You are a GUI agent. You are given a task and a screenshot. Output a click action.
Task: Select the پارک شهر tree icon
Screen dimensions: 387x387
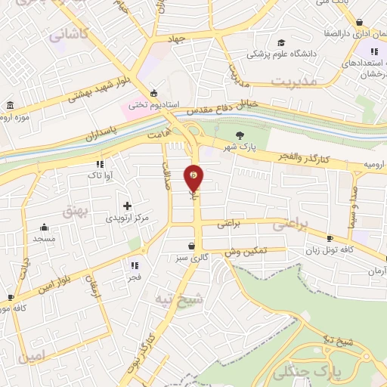240,135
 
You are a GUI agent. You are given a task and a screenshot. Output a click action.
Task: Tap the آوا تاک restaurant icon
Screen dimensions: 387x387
99,164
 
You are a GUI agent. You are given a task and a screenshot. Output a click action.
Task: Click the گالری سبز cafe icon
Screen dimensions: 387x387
191,246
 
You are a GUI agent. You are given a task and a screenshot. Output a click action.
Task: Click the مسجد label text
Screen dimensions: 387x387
44,239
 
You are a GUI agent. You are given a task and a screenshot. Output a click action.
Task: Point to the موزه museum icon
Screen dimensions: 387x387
9,105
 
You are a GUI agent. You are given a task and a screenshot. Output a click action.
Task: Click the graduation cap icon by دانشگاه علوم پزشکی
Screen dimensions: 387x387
282,43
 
